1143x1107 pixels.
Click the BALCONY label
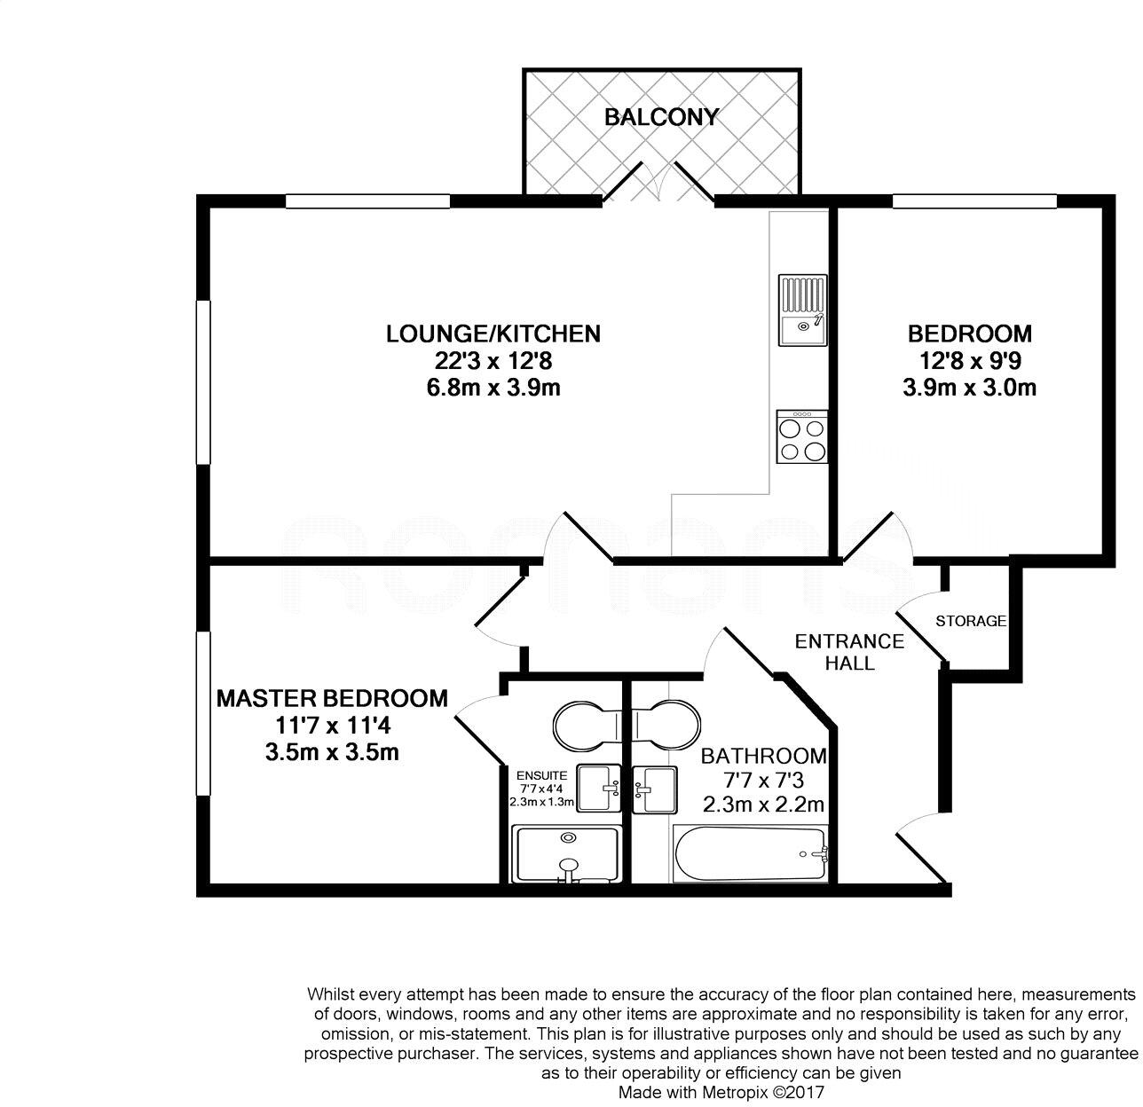tap(661, 117)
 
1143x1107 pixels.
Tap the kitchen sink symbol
tap(802, 310)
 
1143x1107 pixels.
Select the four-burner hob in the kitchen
tap(802, 436)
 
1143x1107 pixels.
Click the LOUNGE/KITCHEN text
tap(493, 334)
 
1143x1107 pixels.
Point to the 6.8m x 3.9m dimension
tap(493, 388)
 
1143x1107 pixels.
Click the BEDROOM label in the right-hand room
tap(969, 334)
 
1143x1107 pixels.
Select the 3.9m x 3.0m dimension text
tap(969, 388)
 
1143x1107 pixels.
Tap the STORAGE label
tap(971, 621)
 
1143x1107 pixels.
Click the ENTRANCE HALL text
tap(849, 652)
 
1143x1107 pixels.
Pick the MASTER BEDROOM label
tap(332, 698)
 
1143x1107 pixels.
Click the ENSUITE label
tap(541, 773)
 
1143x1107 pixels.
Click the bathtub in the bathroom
tap(751, 854)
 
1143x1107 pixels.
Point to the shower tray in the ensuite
tap(566, 855)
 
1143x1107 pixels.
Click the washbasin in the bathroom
tap(655, 787)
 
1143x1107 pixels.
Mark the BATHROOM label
tap(763, 757)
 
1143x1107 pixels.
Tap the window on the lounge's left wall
tap(203, 381)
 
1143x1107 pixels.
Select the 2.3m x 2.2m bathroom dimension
tap(763, 805)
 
